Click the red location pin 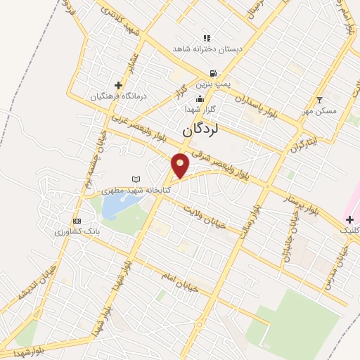coord(181,165)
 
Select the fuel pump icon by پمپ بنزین coord(212,73)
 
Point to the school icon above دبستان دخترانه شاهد coord(206,38)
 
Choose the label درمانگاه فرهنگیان coord(116,96)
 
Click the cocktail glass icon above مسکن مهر coord(320,100)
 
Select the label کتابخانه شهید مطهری coord(134,190)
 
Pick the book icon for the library coord(136,179)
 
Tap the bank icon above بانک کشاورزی coord(76,221)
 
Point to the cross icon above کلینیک coord(349,220)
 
